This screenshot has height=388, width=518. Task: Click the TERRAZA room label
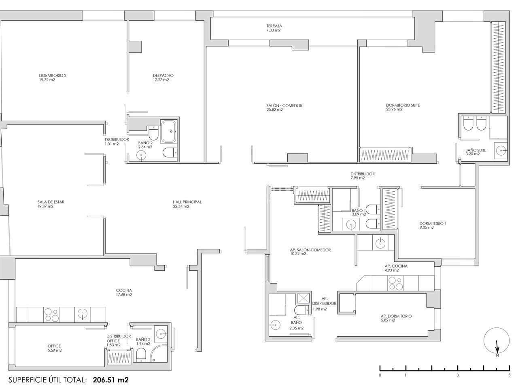[x=274, y=26]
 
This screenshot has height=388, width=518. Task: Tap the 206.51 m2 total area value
[x=110, y=380]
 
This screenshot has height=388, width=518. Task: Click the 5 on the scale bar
[x=509, y=375]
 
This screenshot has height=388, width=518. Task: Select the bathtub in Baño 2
[x=168, y=131]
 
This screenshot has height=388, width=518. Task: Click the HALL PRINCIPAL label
[x=187, y=202]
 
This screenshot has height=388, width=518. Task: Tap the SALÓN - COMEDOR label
[x=284, y=105]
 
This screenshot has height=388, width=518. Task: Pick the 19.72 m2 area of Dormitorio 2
[x=47, y=80]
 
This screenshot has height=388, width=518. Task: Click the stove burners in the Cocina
[x=51, y=315]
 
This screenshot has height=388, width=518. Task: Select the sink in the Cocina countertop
[x=83, y=314]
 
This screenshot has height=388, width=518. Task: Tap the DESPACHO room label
[x=163, y=76]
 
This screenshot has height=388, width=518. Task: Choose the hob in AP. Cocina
[x=395, y=283]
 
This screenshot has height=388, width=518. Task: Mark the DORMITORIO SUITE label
[x=403, y=105]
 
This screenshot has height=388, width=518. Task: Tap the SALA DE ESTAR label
[x=51, y=202]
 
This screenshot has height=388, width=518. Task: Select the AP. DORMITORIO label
[x=396, y=316]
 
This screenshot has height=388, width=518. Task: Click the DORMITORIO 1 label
[x=433, y=224]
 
